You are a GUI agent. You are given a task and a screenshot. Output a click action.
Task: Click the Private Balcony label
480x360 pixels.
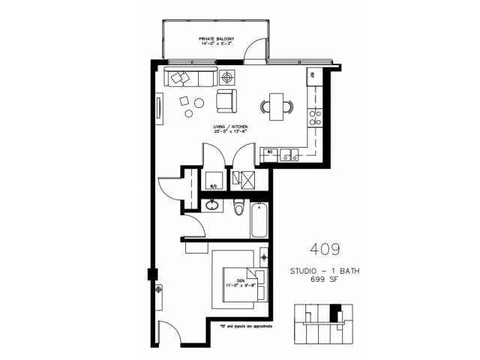(216, 40)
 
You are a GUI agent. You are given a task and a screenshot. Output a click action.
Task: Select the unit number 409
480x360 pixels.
(324, 248)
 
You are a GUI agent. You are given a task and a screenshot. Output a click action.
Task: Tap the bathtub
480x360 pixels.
(259, 220)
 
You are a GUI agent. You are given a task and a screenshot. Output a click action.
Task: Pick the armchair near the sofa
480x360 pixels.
(226, 100)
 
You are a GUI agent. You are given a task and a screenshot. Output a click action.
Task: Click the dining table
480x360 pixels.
(276, 106)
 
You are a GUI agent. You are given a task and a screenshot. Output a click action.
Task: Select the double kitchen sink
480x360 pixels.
(291, 156)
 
